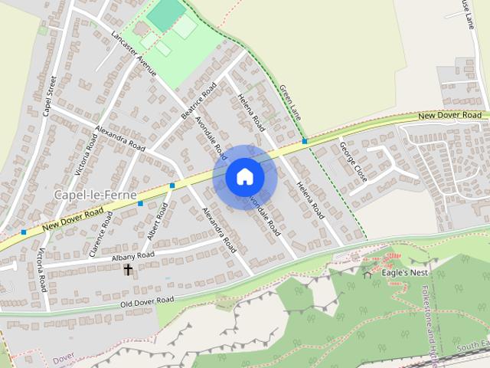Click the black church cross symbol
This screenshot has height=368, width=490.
click(128, 270)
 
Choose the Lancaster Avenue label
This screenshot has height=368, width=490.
click(133, 54)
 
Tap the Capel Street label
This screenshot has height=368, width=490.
click(50, 96)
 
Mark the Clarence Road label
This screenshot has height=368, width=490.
click(100, 236)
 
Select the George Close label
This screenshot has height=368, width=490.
click(354, 161)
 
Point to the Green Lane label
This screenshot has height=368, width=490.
click(289, 103)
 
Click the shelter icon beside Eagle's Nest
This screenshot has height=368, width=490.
click(367, 274)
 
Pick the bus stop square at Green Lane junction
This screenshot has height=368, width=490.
click(305, 141)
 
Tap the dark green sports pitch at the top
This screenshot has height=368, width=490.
click(166, 14)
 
